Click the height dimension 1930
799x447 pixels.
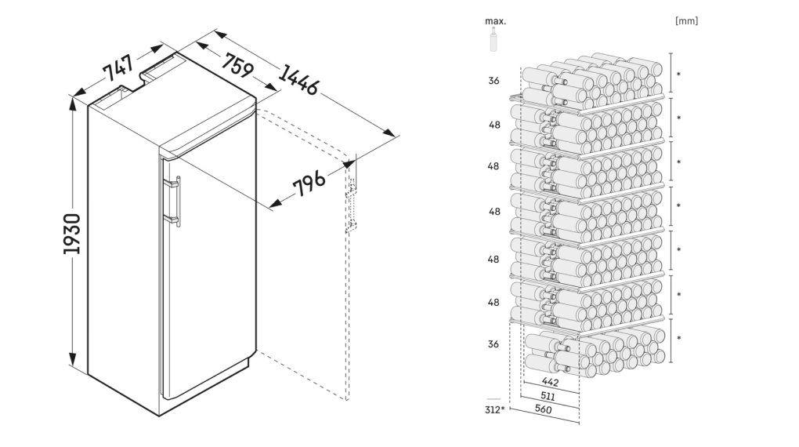[72, 234]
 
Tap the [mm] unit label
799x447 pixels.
[686, 21]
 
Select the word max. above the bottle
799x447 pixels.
[495, 21]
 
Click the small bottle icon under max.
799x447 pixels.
[493, 39]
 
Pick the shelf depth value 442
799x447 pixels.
[550, 382]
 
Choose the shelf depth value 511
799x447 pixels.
[548, 396]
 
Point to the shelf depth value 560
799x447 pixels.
[543, 409]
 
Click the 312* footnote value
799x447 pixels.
[494, 409]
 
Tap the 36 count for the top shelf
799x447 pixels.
[493, 81]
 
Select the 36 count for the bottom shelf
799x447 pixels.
[493, 344]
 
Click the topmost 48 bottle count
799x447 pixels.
[494, 125]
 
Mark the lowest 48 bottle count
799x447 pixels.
[493, 303]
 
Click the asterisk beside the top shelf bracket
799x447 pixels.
[678, 74]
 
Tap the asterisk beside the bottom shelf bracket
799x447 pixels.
[678, 338]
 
